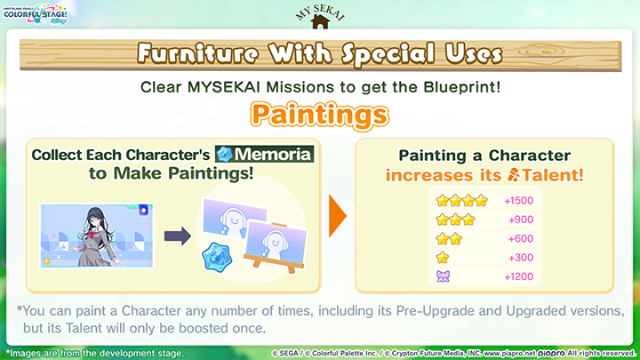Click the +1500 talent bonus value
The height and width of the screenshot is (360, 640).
518,201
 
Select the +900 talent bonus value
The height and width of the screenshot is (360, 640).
521,220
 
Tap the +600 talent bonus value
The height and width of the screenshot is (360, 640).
521,238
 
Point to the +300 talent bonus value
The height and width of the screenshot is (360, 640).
521,258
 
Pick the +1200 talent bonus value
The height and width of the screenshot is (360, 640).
518,276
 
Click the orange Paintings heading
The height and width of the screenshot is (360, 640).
319,114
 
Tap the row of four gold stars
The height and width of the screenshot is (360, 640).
462,201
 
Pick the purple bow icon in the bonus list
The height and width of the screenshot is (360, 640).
443,276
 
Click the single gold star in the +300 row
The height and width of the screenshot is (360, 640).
443,258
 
